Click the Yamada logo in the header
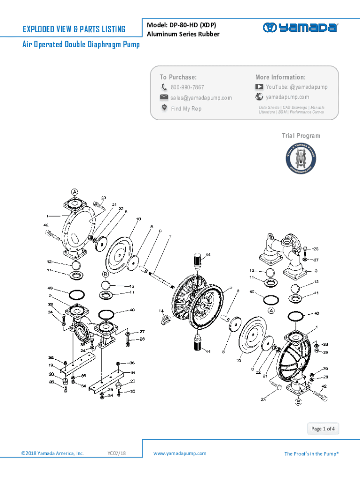click(300, 28)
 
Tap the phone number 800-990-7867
click(187, 87)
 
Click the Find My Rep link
click(186, 109)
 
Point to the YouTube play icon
click(259, 87)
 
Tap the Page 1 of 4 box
click(323, 428)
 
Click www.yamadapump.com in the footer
click(180, 453)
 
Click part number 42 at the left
click(46, 225)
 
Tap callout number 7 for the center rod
click(170, 236)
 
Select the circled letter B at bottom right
click(297, 401)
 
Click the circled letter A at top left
click(74, 191)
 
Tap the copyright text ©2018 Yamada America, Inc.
click(53, 453)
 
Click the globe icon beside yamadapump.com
click(259, 97)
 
